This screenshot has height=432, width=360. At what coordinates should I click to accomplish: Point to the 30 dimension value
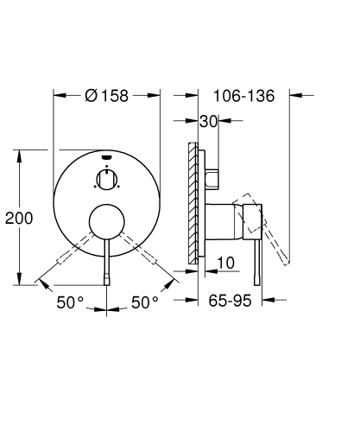[x=207, y=122]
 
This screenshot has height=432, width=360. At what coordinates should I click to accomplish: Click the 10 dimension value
[x=225, y=263]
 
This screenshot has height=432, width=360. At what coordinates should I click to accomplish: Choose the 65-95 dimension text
[x=229, y=303]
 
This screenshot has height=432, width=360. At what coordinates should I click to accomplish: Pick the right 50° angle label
[x=144, y=303]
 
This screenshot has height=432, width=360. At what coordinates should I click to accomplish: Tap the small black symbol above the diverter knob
[x=106, y=158]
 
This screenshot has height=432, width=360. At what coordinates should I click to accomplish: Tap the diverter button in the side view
[x=215, y=178]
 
